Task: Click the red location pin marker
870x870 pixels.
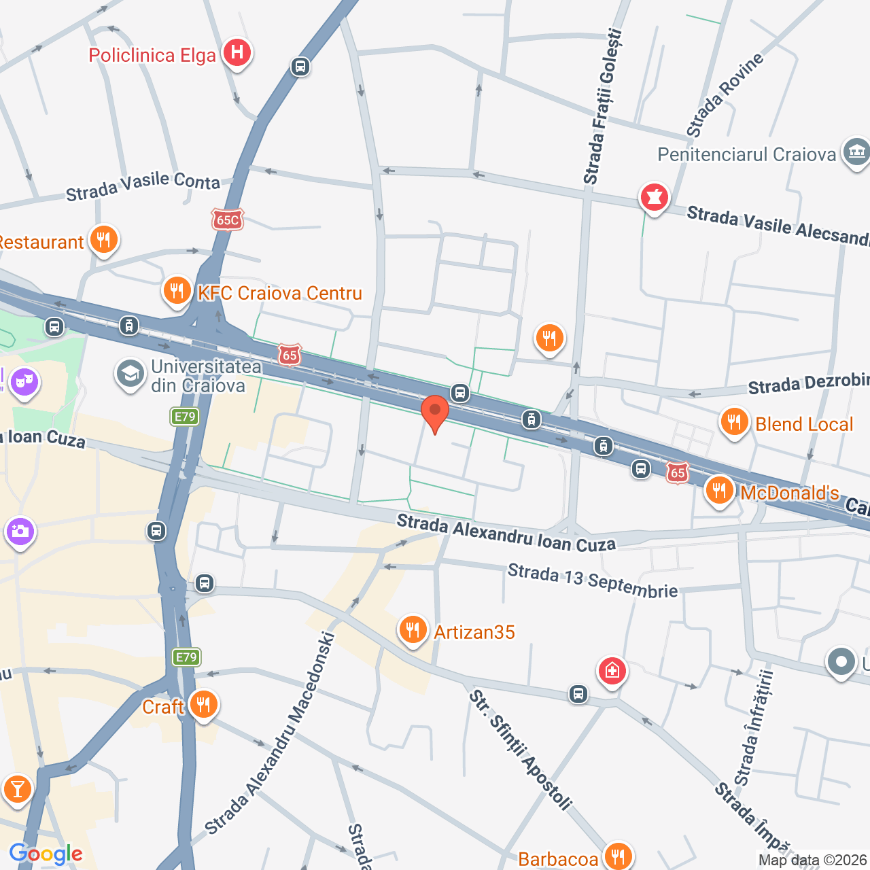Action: click(435, 412)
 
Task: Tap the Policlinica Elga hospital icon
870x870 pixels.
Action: click(237, 52)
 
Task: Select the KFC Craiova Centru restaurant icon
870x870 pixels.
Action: click(177, 291)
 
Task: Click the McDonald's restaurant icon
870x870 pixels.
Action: click(718, 490)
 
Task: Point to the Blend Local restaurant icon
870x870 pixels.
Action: click(734, 422)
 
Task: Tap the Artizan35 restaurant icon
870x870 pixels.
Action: click(413, 630)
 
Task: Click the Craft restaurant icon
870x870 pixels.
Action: click(203, 705)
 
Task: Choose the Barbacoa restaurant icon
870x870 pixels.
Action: click(618, 856)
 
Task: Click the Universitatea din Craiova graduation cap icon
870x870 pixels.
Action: click(129, 374)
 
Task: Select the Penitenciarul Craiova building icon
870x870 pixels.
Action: click(856, 152)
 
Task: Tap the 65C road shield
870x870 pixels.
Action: click(227, 220)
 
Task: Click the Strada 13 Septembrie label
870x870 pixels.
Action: click(593, 580)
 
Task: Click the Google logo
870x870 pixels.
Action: click(46, 854)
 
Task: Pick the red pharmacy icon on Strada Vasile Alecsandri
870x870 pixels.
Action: click(654, 198)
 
